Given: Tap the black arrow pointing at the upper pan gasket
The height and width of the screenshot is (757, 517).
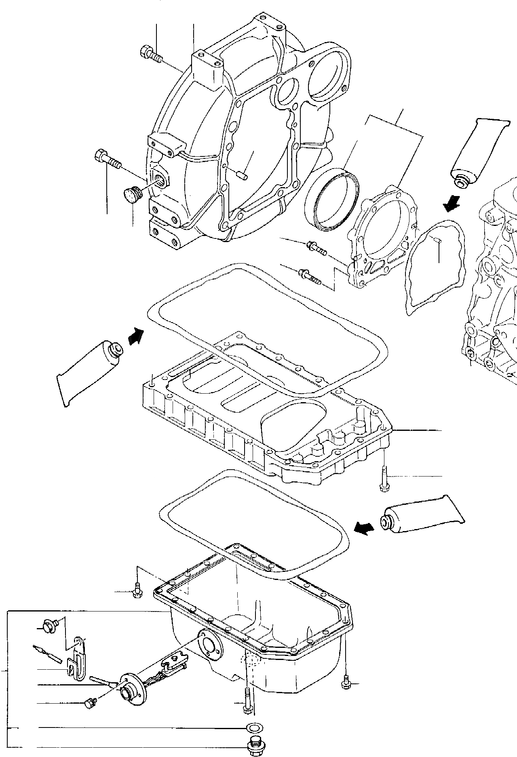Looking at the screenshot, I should (x=136, y=336).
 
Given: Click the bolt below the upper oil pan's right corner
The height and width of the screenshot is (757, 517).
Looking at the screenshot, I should (x=383, y=479).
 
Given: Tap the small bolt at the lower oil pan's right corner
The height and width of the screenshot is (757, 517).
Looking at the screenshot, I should (x=346, y=683).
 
